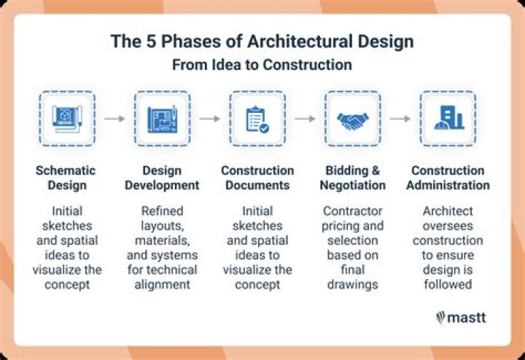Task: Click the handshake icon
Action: pyautogui.click(x=354, y=118)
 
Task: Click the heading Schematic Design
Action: pyautogui.click(x=66, y=178)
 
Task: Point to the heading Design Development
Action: pyautogui.click(x=161, y=178)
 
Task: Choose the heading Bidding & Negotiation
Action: pyautogui.click(x=354, y=178)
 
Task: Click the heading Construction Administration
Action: pyautogui.click(x=448, y=178)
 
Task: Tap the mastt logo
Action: pyautogui.click(x=462, y=317)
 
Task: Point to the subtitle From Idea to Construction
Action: pyautogui.click(x=262, y=65)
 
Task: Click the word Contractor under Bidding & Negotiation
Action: pyautogui.click(x=354, y=212)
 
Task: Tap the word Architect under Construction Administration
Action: pyautogui.click(x=448, y=212)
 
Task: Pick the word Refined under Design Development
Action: pyautogui.click(x=161, y=212)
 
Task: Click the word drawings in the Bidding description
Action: pyautogui.click(x=354, y=284)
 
